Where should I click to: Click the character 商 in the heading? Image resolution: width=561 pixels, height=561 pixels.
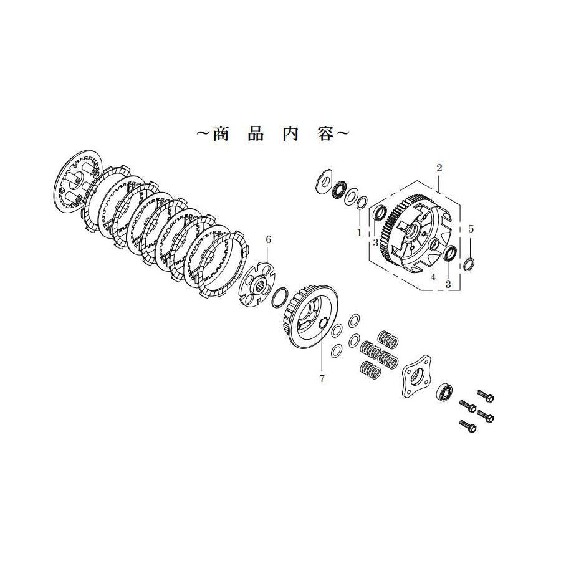point(221,134)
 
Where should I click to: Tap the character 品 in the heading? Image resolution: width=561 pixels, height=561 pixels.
point(256,134)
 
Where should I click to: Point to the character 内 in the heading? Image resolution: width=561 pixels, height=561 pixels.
point(290,134)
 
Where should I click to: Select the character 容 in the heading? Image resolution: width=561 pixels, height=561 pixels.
point(325,134)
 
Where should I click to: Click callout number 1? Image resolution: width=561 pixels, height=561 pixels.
point(359,232)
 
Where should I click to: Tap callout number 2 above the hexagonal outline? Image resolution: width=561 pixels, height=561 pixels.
point(439,168)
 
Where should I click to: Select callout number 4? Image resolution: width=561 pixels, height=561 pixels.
point(433,277)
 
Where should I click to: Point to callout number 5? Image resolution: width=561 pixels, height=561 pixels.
point(471,229)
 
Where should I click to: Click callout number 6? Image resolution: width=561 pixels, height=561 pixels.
point(269,239)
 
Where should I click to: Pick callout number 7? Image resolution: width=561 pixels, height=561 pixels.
point(322,378)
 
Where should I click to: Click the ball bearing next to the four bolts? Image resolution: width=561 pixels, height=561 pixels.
point(446,392)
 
